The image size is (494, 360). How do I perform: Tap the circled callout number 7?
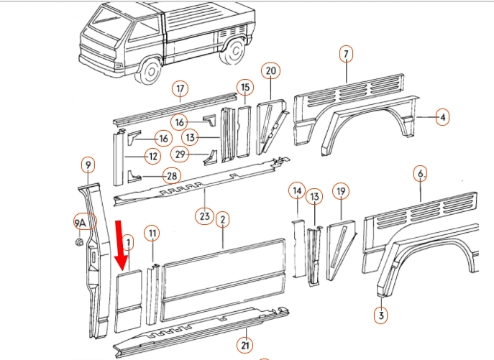click(346, 55)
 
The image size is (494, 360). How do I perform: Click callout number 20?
click(271, 70)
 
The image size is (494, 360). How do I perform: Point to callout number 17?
click(180, 89)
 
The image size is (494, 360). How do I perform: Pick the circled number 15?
click(245, 88)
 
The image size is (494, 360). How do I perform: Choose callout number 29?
click(180, 153)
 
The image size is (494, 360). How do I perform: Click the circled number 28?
click(171, 175)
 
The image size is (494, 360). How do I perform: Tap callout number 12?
click(152, 155)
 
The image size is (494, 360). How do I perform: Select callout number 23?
click(205, 215)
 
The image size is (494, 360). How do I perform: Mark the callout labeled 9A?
click(81, 223)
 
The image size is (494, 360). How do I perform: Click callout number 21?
click(245, 346)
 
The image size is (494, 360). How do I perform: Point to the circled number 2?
click(223, 218)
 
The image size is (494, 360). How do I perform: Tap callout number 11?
click(152, 232)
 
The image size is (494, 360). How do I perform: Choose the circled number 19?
click(341, 191)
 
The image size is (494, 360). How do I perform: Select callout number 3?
click(381, 314)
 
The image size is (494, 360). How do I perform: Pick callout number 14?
click(297, 190)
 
